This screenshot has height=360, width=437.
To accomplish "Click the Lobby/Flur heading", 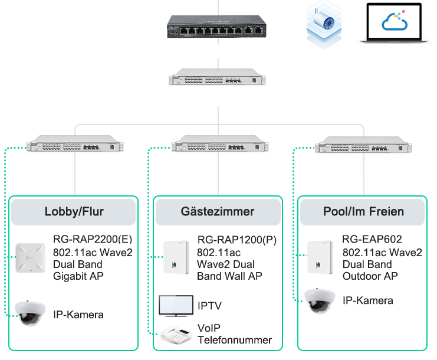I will [74, 212].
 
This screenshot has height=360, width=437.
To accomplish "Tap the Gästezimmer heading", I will [218, 212].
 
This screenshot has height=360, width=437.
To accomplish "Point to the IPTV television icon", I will [176, 305].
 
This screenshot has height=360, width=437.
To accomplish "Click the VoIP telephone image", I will [175, 334].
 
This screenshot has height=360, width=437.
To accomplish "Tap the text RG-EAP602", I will [372, 240].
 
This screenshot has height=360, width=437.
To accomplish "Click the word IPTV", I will [210, 306].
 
